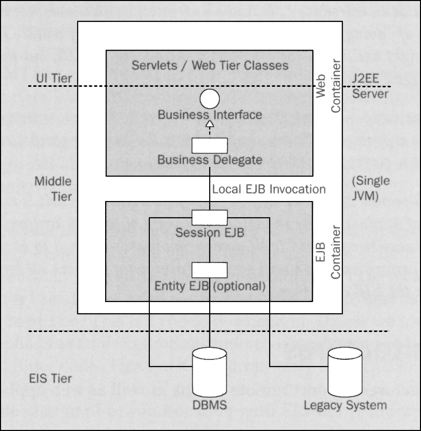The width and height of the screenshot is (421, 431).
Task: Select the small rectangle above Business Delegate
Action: click(209, 146)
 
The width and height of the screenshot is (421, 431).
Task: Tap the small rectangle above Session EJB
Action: click(209, 217)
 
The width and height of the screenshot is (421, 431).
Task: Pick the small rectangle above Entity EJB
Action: click(209, 270)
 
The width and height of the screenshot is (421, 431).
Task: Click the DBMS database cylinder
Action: click(210, 371)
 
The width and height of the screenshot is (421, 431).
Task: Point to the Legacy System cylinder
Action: click(344, 371)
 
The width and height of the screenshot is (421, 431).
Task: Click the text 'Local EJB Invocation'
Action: click(269, 189)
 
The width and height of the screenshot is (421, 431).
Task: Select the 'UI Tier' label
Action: click(54, 78)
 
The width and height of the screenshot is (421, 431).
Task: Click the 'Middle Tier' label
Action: click(53, 189)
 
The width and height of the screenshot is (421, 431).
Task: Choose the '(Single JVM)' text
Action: click(371, 188)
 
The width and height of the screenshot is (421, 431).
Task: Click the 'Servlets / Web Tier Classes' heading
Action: click(210, 65)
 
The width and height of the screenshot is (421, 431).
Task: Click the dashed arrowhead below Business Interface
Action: click(209, 125)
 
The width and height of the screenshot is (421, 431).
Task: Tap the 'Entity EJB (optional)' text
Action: click(210, 285)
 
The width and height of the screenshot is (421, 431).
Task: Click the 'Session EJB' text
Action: click(210, 233)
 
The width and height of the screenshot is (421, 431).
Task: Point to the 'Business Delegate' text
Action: click(210, 160)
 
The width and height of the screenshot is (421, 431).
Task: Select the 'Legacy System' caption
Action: click(345, 405)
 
